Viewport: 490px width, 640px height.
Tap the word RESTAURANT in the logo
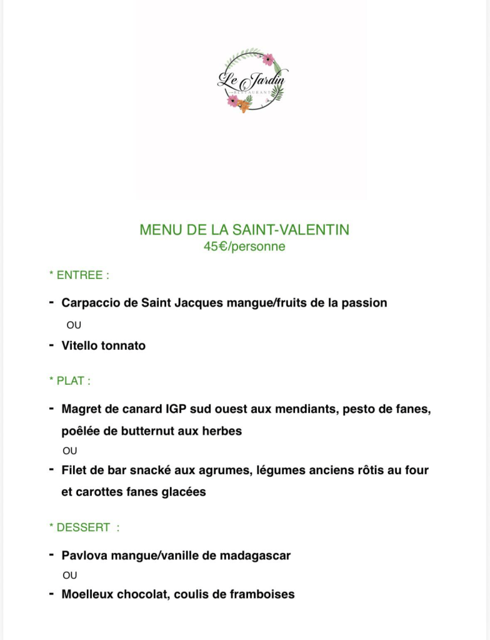[x=254, y=92]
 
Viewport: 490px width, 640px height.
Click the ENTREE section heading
[x=82, y=275]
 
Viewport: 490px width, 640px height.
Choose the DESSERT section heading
[x=83, y=527]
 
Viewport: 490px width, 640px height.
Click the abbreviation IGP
[x=177, y=409]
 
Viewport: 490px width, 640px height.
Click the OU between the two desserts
[x=70, y=575]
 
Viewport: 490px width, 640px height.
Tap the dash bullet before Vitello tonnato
[x=51, y=345]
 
